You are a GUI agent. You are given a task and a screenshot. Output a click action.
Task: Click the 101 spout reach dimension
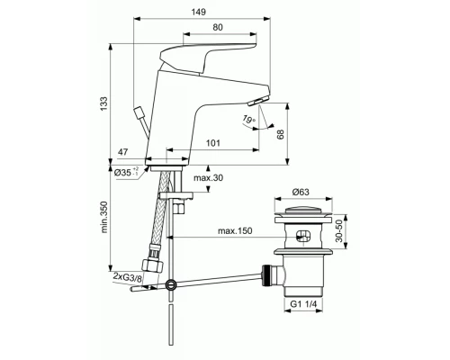tap(213, 141)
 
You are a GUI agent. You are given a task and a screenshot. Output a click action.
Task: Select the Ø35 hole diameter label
tap(124, 171)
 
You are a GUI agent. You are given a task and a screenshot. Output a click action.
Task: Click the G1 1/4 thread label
tap(303, 304)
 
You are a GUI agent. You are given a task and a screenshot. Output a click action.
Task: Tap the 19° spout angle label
tap(248, 119)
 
